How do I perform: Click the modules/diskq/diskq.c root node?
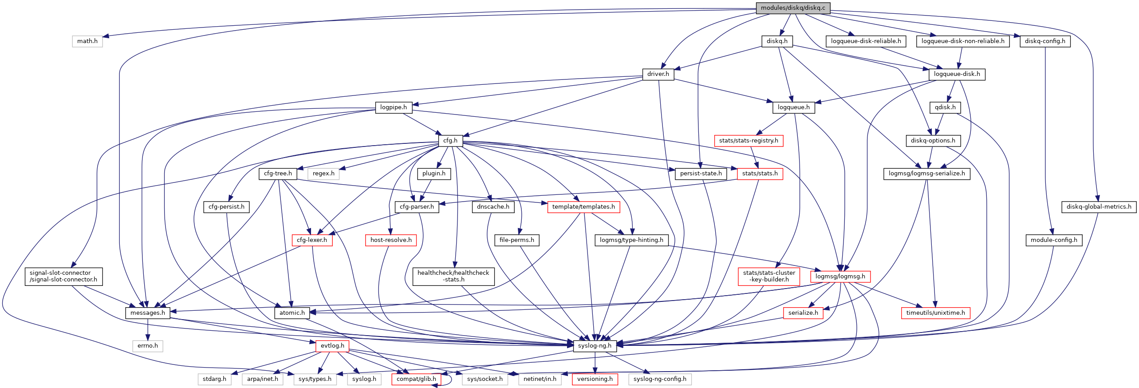[x=792, y=8]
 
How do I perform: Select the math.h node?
[x=87, y=41]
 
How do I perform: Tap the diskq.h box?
[x=777, y=41]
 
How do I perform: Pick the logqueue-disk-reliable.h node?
[x=866, y=41]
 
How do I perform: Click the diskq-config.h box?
[x=1045, y=41]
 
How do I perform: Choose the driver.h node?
[x=658, y=74]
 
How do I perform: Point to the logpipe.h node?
[x=394, y=107]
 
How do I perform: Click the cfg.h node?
[x=450, y=141]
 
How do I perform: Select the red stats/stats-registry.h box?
[x=749, y=141]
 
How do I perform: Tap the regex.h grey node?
[x=323, y=174]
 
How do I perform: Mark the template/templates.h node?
[x=583, y=207]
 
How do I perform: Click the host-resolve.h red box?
[x=391, y=240]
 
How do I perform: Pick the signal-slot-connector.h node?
[x=63, y=276]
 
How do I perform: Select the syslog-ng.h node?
[x=595, y=346]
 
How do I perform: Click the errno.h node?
[x=148, y=346]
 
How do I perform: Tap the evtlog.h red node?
[x=332, y=346]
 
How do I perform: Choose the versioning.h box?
[x=595, y=379]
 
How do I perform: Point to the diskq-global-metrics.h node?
[x=1099, y=207]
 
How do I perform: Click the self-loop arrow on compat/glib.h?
[x=451, y=380]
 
